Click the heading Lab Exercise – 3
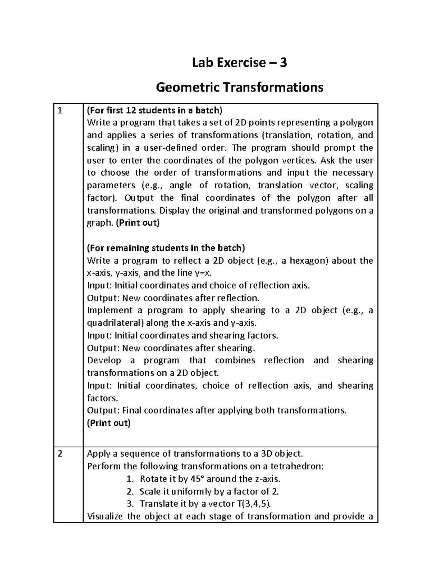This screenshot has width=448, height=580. point(239,63)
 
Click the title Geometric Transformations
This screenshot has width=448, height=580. point(239,87)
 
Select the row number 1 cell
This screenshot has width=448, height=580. point(59,111)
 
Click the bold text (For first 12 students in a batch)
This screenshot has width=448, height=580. point(154,110)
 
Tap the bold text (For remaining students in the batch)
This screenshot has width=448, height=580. point(166,248)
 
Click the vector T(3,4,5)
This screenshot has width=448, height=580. point(253,504)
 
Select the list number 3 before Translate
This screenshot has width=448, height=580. point(130,504)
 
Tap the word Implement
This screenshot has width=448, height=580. point(110,310)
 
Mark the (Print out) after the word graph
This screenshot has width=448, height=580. point(138,223)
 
